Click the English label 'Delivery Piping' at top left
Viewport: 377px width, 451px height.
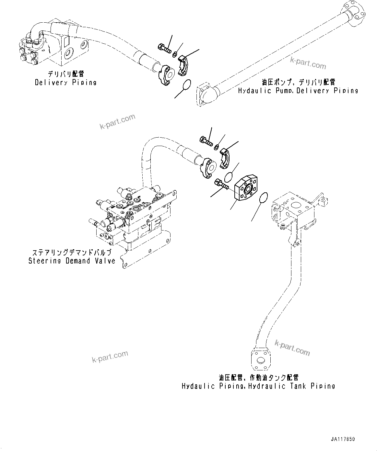click(x=65, y=83)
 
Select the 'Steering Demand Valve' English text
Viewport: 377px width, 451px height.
click(x=72, y=261)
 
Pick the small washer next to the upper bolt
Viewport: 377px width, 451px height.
click(x=175, y=54)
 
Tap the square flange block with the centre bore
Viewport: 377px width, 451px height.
click(x=247, y=189)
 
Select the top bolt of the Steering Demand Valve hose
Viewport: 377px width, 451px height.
click(x=206, y=141)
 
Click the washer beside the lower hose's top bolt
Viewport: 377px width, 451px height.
click(x=216, y=148)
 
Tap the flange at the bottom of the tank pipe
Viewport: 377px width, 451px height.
click(x=261, y=359)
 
